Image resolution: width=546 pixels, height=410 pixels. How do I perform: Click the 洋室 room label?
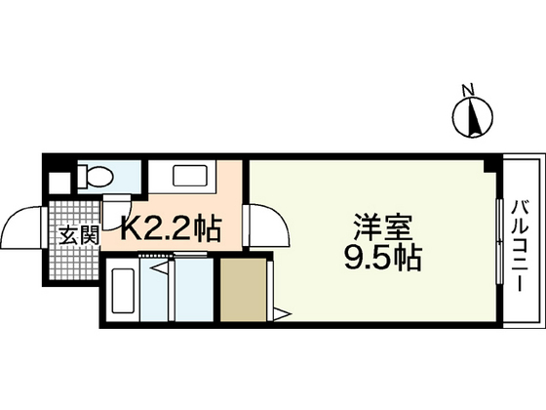[383, 227]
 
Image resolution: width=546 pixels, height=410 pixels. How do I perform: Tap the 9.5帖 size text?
[383, 259]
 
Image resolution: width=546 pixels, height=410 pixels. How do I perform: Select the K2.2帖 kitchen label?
[171, 228]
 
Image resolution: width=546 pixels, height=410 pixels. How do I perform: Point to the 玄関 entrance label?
[79, 235]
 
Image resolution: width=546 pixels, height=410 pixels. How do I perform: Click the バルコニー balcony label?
[520, 245]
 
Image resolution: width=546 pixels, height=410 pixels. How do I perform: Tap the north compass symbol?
[473, 117]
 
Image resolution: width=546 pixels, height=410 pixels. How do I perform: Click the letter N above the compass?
[468, 90]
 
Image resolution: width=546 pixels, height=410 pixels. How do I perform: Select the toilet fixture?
[95, 177]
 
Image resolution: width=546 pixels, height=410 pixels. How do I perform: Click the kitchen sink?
[190, 177]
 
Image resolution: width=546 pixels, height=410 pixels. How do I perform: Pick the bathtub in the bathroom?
[123, 291]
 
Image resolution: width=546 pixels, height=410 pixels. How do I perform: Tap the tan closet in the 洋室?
[244, 289]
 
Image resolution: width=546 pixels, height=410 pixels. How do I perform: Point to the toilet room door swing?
[117, 213]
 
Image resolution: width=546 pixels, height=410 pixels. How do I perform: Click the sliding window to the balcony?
[499, 242]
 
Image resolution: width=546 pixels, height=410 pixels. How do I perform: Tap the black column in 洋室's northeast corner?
[490, 166]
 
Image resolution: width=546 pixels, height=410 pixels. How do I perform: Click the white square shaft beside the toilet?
[59, 183]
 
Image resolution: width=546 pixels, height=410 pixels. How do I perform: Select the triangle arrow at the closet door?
[283, 314]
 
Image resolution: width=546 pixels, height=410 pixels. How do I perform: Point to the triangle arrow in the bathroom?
[160, 268]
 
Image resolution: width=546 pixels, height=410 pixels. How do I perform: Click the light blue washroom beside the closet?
[194, 289]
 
